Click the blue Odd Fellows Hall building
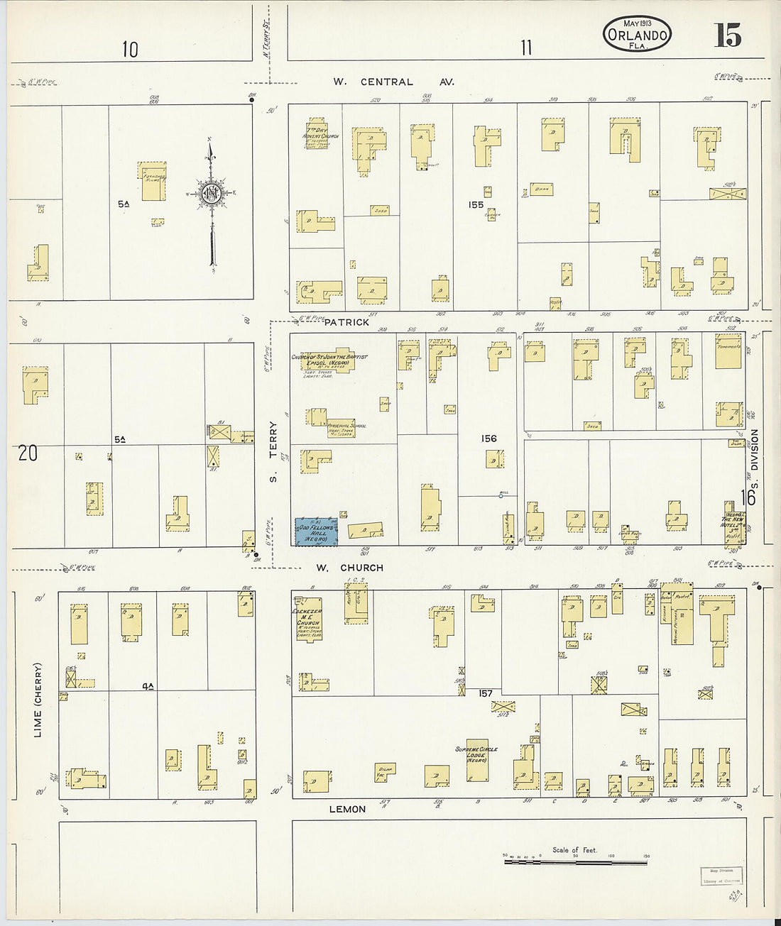(x=316, y=531)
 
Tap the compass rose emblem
(x=211, y=193)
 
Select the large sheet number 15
(x=728, y=35)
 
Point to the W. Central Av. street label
(x=393, y=82)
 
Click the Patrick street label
(x=346, y=322)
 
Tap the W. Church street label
(x=349, y=568)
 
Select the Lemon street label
(x=347, y=809)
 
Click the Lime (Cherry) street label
(x=38, y=700)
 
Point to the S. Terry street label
(x=273, y=451)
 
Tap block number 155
(x=475, y=205)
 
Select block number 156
(x=488, y=439)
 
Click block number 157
(x=486, y=693)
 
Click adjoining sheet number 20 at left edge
(x=28, y=453)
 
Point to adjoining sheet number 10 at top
(x=130, y=50)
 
